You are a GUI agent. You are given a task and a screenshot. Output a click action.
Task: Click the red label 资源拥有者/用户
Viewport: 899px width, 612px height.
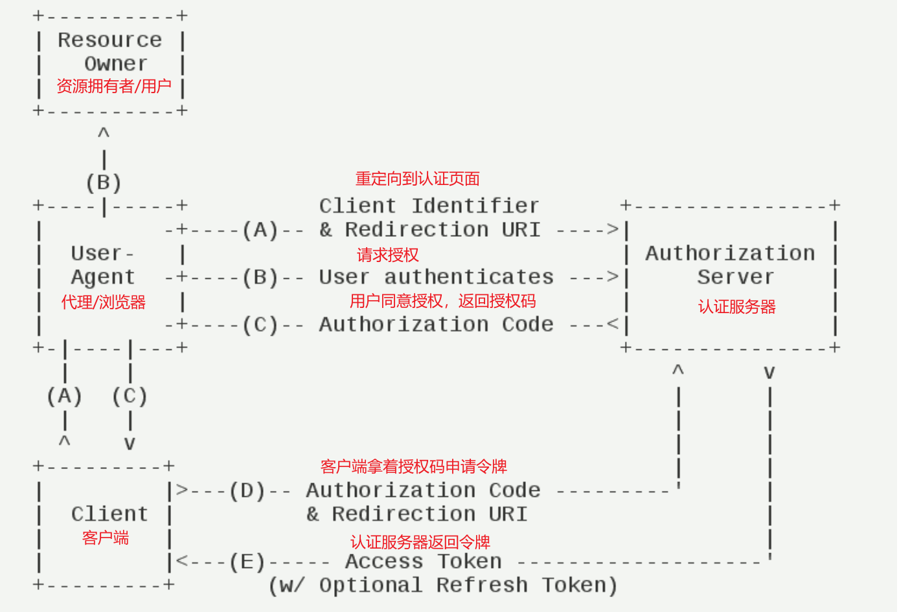(x=114, y=86)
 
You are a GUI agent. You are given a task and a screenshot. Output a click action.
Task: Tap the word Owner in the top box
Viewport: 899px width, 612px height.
(x=116, y=63)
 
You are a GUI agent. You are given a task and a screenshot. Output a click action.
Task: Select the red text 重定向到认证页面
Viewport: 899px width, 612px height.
(x=418, y=179)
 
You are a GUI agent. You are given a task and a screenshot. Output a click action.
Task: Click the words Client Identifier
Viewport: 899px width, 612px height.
(x=429, y=206)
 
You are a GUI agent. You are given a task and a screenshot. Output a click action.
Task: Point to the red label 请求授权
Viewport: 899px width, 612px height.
(x=388, y=255)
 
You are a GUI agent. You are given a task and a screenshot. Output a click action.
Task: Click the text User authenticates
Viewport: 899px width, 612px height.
(x=436, y=277)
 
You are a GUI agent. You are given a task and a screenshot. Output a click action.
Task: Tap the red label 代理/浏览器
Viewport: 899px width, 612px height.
(x=104, y=302)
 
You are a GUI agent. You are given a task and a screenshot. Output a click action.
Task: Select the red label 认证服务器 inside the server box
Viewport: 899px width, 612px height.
(x=736, y=307)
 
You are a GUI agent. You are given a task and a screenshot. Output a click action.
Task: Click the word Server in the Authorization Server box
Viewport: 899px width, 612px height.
(x=735, y=277)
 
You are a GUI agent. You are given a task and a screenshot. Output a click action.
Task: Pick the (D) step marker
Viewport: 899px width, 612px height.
(x=247, y=490)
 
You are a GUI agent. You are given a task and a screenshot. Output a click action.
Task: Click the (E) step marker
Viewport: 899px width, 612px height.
(x=247, y=562)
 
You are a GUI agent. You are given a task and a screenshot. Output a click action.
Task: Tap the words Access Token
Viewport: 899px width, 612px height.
(x=423, y=562)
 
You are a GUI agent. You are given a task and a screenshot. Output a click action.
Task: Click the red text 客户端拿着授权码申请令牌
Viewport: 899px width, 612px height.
(x=414, y=466)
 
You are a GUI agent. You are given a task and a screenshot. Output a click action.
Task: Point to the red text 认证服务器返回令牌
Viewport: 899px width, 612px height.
(x=420, y=542)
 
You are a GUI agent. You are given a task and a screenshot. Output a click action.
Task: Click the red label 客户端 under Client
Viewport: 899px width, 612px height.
(x=106, y=538)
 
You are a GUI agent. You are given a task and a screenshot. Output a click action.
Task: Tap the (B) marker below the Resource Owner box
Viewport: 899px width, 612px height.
(x=104, y=182)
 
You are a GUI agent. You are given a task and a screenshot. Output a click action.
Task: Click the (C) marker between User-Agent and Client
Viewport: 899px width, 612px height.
(x=130, y=396)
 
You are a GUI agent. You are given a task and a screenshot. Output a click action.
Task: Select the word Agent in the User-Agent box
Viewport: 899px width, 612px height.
(x=103, y=277)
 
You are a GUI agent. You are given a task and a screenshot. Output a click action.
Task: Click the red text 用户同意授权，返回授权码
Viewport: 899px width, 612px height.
(x=443, y=301)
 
